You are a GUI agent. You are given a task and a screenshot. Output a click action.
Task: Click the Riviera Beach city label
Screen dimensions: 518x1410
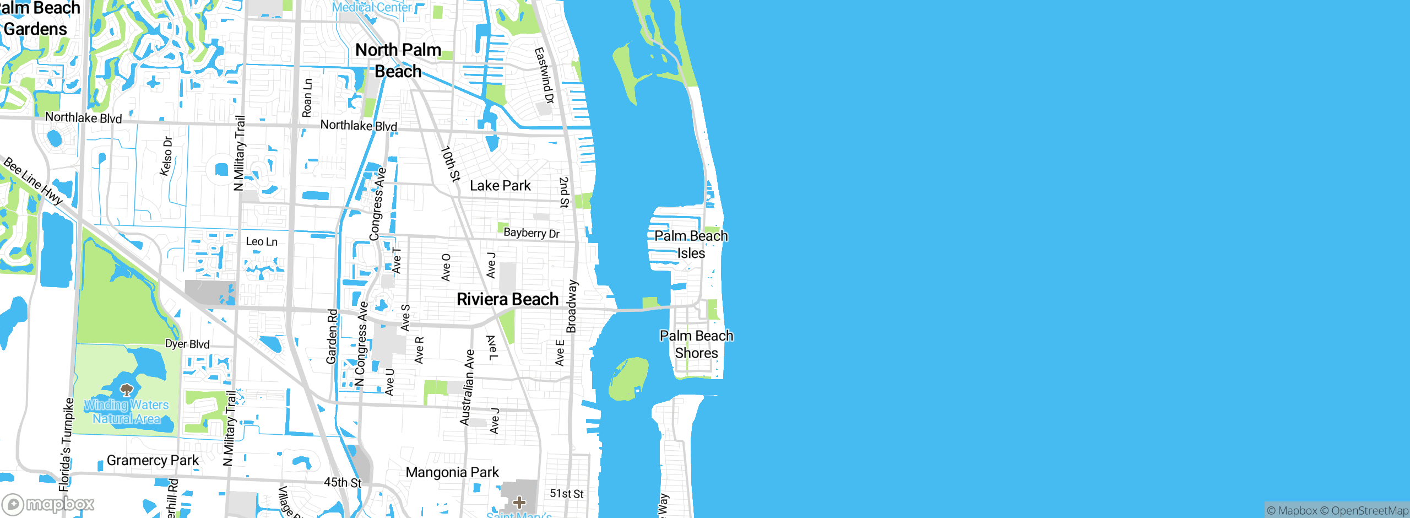click(507, 299)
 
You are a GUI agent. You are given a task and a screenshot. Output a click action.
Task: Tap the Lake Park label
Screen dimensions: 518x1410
click(500, 186)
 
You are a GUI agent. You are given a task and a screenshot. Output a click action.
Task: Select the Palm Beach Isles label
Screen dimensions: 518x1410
click(691, 244)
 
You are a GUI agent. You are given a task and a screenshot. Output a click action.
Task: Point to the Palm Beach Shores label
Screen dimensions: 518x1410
click(696, 344)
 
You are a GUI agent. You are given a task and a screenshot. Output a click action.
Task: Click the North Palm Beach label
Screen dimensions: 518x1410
click(398, 61)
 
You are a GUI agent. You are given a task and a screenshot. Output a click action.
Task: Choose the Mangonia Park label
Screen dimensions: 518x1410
click(452, 472)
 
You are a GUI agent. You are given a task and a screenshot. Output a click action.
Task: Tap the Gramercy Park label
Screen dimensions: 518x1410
click(153, 460)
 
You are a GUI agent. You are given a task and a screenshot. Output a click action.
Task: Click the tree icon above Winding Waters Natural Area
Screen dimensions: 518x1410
click(127, 390)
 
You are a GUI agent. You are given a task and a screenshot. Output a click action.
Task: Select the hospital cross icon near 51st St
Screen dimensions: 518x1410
click(519, 502)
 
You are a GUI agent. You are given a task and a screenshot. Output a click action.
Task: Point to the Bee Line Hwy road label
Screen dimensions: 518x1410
click(33, 181)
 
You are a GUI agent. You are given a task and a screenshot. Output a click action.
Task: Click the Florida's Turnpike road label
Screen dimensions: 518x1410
click(66, 444)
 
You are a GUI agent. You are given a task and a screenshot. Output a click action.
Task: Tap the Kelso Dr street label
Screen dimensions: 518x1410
click(166, 157)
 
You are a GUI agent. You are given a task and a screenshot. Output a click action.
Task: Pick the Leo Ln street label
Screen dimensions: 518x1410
click(262, 241)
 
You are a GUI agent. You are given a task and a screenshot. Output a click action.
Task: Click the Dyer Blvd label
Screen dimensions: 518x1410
click(187, 344)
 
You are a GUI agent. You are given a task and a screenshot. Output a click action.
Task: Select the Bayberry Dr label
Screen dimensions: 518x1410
click(532, 233)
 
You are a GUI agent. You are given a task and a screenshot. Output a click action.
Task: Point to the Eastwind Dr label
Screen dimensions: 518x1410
click(544, 75)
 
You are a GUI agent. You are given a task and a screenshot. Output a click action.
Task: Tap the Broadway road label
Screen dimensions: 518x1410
click(572, 306)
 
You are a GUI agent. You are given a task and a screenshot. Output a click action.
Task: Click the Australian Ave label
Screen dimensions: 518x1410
click(467, 387)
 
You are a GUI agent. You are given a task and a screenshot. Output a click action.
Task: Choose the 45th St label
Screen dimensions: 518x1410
click(343, 482)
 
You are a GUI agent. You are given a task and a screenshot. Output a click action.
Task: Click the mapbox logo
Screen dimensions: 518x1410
click(48, 504)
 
